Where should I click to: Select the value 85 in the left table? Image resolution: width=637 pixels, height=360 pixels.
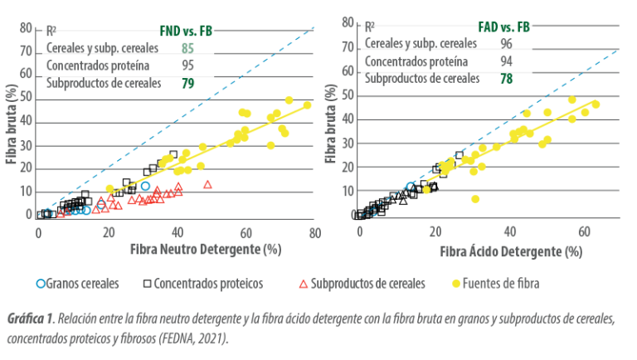(187, 46)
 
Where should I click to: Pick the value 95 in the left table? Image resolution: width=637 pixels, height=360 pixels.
(187, 65)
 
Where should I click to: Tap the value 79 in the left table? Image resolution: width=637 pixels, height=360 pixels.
(187, 83)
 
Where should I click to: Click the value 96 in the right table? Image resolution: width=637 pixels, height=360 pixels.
(504, 44)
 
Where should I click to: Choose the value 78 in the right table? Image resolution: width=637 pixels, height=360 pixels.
(504, 79)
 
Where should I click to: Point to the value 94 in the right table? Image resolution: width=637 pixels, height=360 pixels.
(504, 61)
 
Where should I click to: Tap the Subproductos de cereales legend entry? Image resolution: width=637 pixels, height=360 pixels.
(362, 283)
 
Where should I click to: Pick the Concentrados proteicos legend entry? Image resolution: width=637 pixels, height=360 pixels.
(208, 283)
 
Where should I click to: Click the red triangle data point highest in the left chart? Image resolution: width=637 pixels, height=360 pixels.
(207, 184)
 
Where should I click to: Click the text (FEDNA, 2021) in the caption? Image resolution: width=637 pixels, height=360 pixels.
(194, 338)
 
